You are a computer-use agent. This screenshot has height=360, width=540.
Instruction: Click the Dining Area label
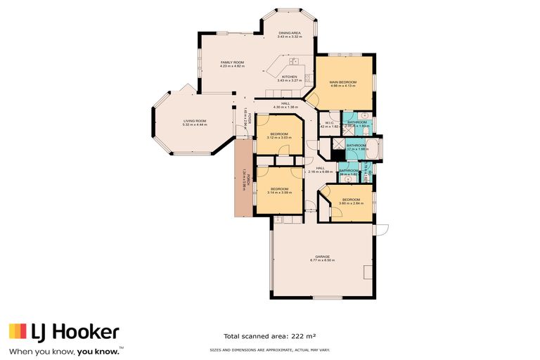click(290, 33)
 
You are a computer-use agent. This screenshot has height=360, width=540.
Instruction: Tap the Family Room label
click(232, 63)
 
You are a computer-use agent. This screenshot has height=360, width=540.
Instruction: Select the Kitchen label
click(290, 77)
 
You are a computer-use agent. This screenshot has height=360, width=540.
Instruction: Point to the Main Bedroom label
click(343, 82)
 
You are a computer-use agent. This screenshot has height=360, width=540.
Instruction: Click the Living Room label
click(195, 121)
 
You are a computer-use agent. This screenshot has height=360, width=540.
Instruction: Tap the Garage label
click(323, 257)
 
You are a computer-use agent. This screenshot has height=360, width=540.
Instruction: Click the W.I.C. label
click(329, 123)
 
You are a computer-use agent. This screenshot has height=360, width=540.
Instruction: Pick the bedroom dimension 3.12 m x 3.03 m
click(279, 138)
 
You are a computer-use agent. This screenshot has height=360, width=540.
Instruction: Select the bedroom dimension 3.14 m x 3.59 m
click(279, 193)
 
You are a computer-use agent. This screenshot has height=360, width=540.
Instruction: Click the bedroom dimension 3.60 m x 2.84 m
click(351, 203)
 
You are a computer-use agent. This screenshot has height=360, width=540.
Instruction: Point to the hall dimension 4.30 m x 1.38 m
click(285, 108)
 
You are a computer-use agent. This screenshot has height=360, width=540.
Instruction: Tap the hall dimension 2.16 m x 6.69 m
click(320, 172)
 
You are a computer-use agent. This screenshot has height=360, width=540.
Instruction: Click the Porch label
click(242, 180)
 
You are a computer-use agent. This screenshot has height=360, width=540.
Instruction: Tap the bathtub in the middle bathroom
click(371, 148)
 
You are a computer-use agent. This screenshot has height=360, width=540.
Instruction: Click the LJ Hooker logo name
click(73, 332)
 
